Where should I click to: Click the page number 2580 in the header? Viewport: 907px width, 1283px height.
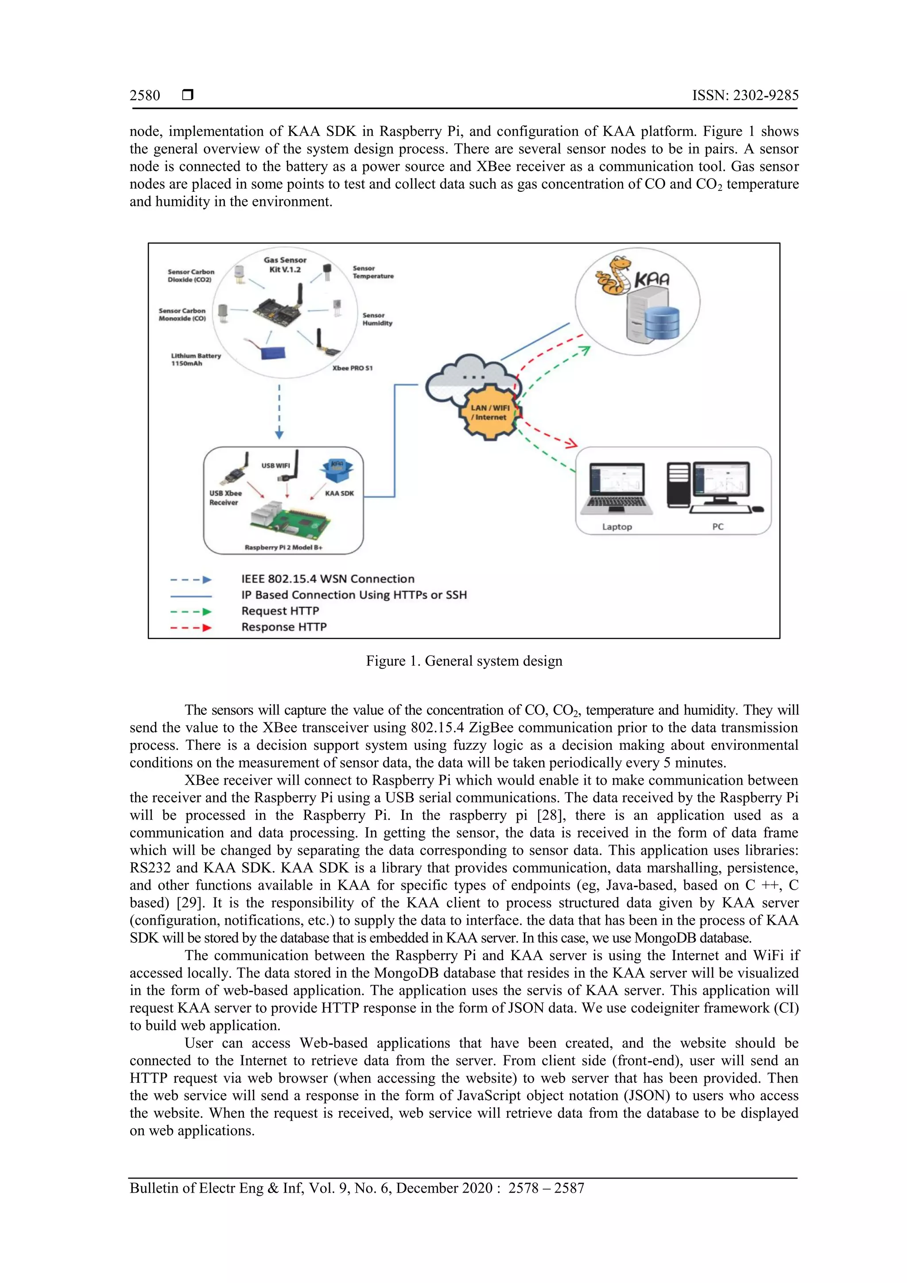pos(145,96)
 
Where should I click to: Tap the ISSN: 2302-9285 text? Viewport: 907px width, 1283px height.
pos(745,96)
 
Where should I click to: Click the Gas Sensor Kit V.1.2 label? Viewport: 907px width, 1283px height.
pos(285,264)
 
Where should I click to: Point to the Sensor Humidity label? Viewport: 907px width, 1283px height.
pos(377,319)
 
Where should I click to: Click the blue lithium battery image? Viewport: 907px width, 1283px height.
pos(273,353)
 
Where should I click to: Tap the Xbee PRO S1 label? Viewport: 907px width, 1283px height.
pos(352,368)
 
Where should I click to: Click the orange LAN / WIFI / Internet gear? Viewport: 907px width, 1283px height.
pos(490,412)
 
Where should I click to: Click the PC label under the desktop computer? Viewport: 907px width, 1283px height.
pos(717,527)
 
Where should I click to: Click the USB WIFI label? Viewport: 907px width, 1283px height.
pos(275,465)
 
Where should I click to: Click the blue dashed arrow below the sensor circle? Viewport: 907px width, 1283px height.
pos(279,411)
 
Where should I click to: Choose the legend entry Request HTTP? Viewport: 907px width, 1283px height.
pos(280,611)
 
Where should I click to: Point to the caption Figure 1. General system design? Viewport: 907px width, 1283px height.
pos(464,661)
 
